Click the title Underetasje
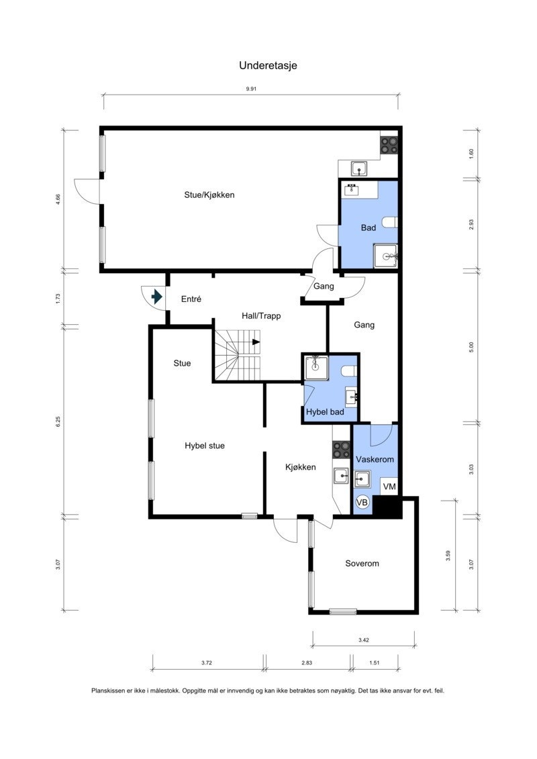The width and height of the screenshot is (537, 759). coord(268,65)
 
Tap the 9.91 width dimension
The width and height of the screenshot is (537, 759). coord(251,89)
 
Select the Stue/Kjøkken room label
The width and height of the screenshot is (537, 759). coord(209,195)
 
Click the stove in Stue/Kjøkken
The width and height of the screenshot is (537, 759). coord(389,145)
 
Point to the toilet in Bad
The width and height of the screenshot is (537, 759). coord(390,222)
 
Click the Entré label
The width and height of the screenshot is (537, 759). coord(191,299)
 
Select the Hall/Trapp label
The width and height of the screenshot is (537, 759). coord(261,316)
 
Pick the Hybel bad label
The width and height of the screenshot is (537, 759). coord(325,412)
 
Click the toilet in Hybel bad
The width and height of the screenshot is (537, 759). coord(349,371)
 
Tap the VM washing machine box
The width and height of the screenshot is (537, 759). coord(389,487)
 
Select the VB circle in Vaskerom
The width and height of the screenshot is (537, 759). coord(362,503)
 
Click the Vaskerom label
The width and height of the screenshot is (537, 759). coord(375,460)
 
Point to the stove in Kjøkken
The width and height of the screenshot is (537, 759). coord(342,450)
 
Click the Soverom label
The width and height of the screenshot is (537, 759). coord(362,564)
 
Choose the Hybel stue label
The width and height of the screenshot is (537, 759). coord(205,446)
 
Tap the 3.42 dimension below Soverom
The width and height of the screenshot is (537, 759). coord(364,640)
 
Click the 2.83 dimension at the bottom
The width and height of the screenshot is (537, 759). coord(307,662)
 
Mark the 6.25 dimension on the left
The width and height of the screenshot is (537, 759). coord(58,421)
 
